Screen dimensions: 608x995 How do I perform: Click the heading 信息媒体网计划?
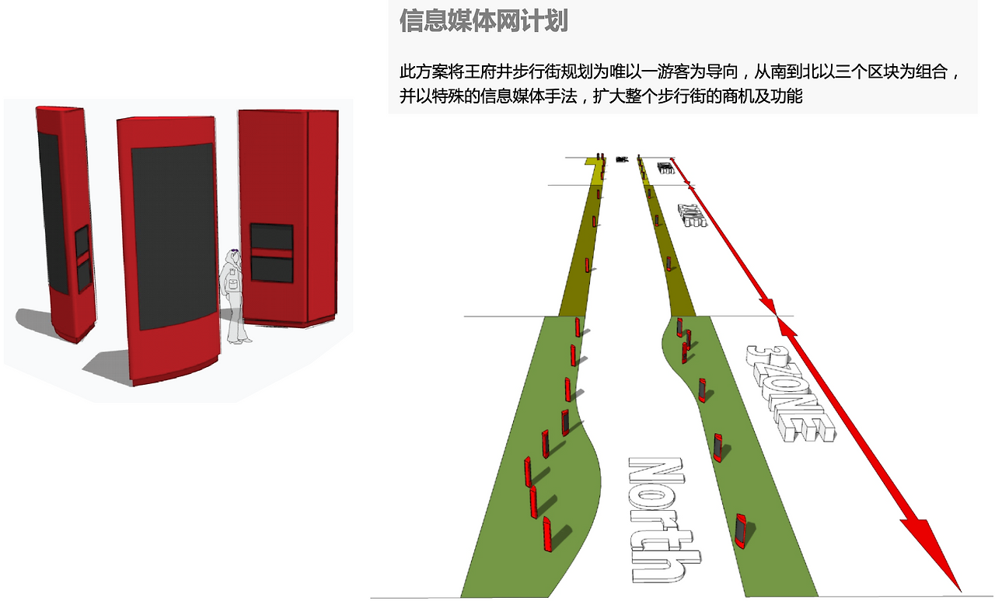click(484, 21)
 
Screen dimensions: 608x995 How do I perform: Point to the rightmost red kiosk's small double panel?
click(271, 253)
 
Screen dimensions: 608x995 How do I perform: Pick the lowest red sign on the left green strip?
click(547, 532)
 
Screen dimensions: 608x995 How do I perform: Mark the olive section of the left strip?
click(579, 249)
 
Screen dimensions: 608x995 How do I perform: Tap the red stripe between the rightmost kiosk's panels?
click(271, 253)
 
